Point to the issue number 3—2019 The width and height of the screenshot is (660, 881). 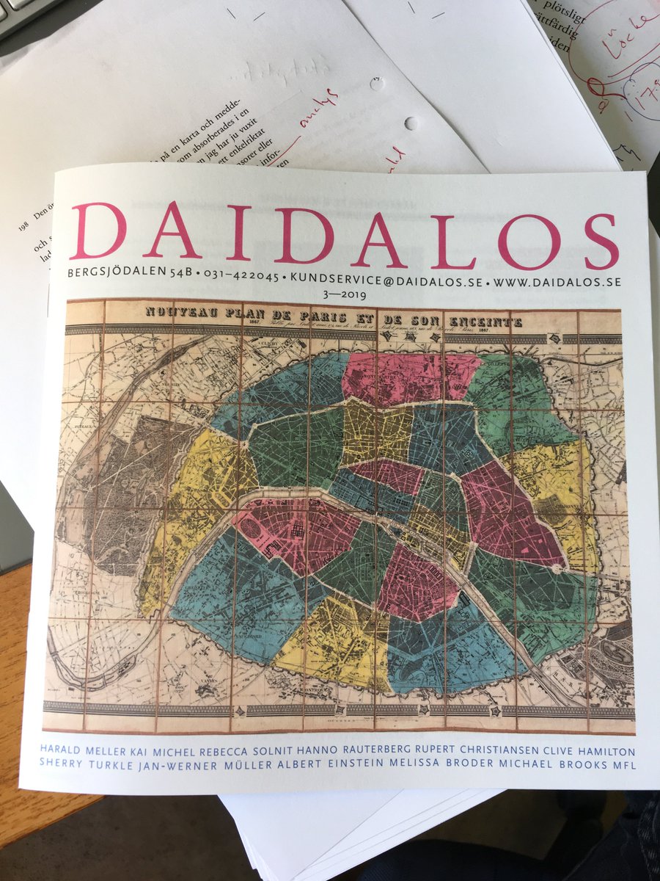[x=345, y=294]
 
